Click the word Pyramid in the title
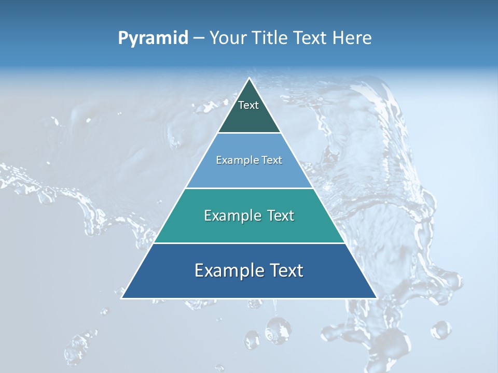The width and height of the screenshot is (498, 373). pos(153,38)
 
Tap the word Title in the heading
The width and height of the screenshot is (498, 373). pos(271,38)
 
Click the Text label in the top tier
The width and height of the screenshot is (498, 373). pos(248,105)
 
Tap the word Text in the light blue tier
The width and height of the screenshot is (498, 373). pos(272,160)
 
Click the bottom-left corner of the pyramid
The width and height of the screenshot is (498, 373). pos(122,298)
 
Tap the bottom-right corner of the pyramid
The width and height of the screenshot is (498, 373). pos(376,298)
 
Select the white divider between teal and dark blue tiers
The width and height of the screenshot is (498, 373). pos(249,243)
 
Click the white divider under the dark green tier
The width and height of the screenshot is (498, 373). pos(249,133)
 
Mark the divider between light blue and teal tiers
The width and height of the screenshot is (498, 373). pos(249,188)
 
